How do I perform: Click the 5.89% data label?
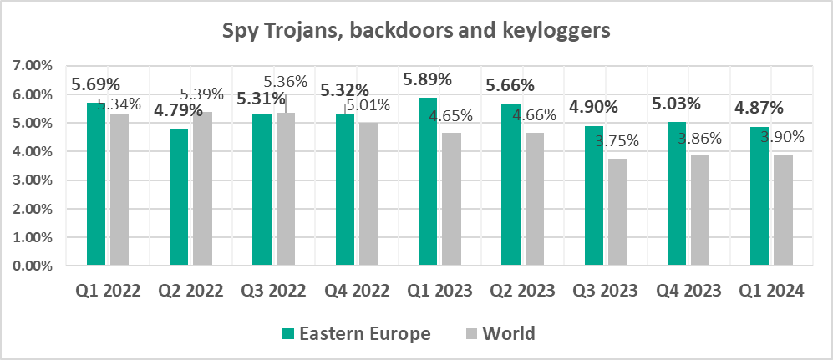[427, 80]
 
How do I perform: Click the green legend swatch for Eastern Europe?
[288, 334]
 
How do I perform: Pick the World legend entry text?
[508, 334]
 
